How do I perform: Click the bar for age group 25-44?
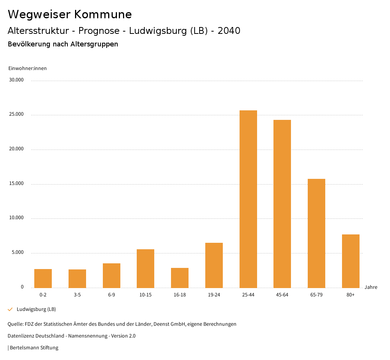point(248,199)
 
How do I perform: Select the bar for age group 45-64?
point(282,204)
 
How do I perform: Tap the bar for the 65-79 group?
point(316,233)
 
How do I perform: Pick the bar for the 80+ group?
point(351,261)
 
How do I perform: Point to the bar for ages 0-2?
point(43,279)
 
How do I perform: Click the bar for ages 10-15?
point(145,269)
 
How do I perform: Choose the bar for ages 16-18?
point(180,278)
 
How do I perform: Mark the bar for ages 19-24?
point(214,265)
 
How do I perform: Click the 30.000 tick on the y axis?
point(17,80)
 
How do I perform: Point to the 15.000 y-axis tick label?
point(17,183)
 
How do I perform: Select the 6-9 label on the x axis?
point(112,295)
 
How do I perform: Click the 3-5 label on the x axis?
point(77,295)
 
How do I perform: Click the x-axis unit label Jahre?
point(371,287)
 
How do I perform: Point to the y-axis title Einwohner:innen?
point(27,68)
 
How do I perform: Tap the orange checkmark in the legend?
point(10,309)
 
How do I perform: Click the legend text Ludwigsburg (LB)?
point(36,309)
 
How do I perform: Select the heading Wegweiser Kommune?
point(70,14)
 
